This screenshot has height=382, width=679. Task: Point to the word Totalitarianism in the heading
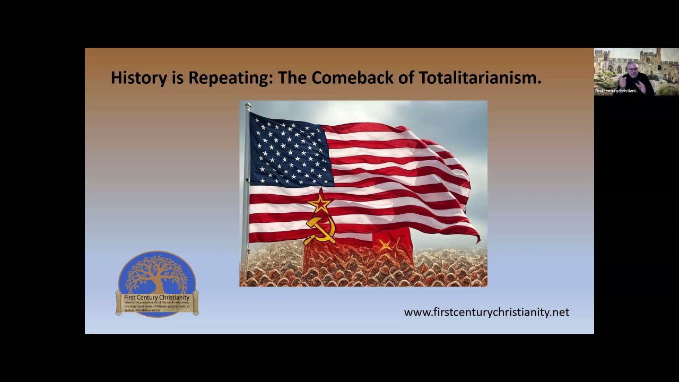click(480, 78)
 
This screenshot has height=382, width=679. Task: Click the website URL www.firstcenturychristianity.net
click(486, 312)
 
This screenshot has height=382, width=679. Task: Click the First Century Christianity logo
click(157, 284)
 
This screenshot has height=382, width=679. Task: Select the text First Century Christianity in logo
click(156, 298)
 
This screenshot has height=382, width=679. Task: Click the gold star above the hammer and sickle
click(320, 203)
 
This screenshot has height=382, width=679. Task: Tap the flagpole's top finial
click(248, 107)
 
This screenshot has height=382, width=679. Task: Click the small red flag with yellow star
click(391, 244)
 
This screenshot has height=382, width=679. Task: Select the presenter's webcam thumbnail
click(636, 72)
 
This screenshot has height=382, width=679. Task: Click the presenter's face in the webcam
click(632, 70)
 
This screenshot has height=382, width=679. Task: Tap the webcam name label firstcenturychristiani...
click(616, 91)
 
